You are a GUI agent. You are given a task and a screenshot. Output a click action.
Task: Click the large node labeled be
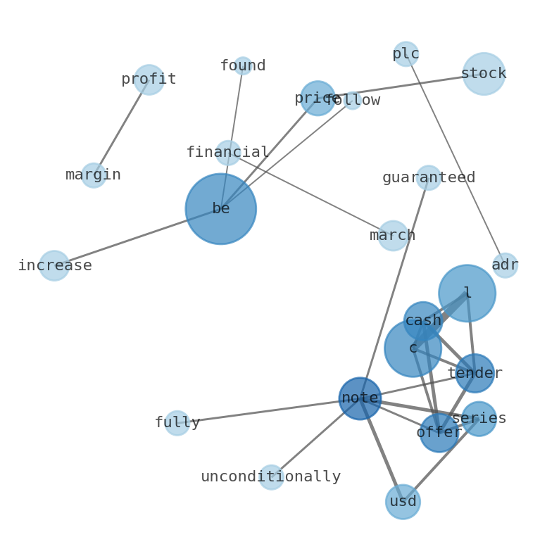point(220,208)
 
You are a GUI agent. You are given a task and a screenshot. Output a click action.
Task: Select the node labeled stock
point(484,73)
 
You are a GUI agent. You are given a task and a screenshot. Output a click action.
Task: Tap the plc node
point(406,53)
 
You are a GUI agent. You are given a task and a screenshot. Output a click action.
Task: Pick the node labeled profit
point(149,80)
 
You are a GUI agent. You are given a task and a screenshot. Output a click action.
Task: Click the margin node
point(94,175)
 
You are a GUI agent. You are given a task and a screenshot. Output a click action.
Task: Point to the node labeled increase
point(54,265)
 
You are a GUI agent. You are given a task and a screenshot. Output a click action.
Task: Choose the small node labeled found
point(243,66)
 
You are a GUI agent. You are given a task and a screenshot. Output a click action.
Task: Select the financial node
point(228,153)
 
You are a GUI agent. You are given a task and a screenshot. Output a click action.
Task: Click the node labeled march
point(393,236)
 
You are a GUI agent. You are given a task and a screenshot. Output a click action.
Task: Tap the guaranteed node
point(429,177)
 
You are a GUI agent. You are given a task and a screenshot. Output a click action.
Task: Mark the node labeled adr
point(505,265)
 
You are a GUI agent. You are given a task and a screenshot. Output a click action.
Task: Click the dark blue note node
point(360,398)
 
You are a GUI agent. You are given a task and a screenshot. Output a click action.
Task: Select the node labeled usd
point(403,502)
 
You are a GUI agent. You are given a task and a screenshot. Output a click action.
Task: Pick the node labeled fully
point(177,423)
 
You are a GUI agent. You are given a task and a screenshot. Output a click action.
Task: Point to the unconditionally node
point(271,477)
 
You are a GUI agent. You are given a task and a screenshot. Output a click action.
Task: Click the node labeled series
point(479,419)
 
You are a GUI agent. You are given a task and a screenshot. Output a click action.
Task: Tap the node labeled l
point(467,293)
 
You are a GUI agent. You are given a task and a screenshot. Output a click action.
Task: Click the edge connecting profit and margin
point(121,127)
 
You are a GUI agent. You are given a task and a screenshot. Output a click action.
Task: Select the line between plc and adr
point(456,160)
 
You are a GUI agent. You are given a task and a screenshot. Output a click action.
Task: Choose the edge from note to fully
point(268,411)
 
